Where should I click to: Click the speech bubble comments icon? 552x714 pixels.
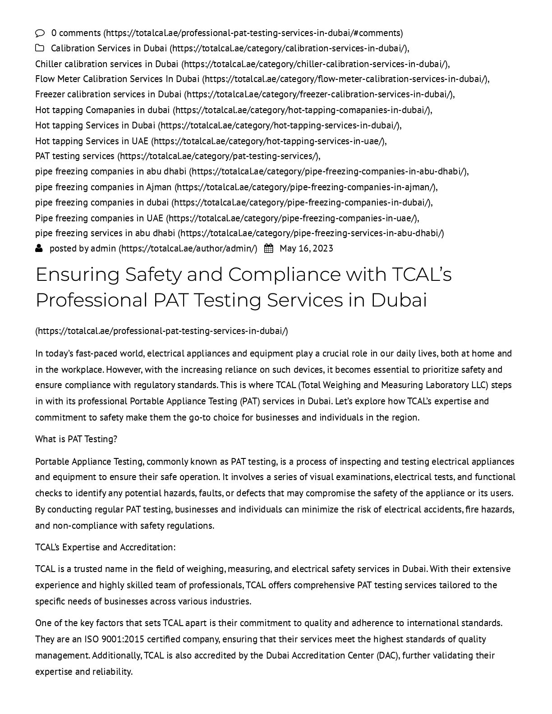pyautogui.click(x=40, y=33)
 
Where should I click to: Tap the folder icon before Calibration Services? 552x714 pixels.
pyautogui.click(x=40, y=48)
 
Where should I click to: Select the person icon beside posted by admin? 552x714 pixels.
pyautogui.click(x=39, y=248)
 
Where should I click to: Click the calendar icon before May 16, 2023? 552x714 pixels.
pyautogui.click(x=268, y=248)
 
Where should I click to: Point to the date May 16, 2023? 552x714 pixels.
pyautogui.click(x=306, y=248)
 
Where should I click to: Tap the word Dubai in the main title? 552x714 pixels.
pyautogui.click(x=399, y=300)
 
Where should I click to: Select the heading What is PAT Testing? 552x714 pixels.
pyautogui.click(x=76, y=439)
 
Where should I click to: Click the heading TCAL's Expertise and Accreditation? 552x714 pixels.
pyautogui.click(x=105, y=547)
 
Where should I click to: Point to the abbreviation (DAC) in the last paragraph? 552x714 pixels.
pyautogui.click(x=388, y=655)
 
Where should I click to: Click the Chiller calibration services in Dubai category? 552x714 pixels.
pyautogui.click(x=106, y=64)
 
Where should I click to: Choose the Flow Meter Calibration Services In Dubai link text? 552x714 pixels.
pyautogui.click(x=117, y=79)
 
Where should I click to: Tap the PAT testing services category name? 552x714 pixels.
pyautogui.click(x=75, y=156)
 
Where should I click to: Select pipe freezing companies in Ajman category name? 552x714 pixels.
pyautogui.click(x=103, y=187)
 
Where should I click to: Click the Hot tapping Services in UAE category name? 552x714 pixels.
pyautogui.click(x=92, y=141)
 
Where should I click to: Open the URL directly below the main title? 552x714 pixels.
pyautogui.click(x=161, y=331)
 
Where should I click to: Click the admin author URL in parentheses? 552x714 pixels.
pyautogui.click(x=188, y=248)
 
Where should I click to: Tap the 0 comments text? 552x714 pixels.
pyautogui.click(x=76, y=33)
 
